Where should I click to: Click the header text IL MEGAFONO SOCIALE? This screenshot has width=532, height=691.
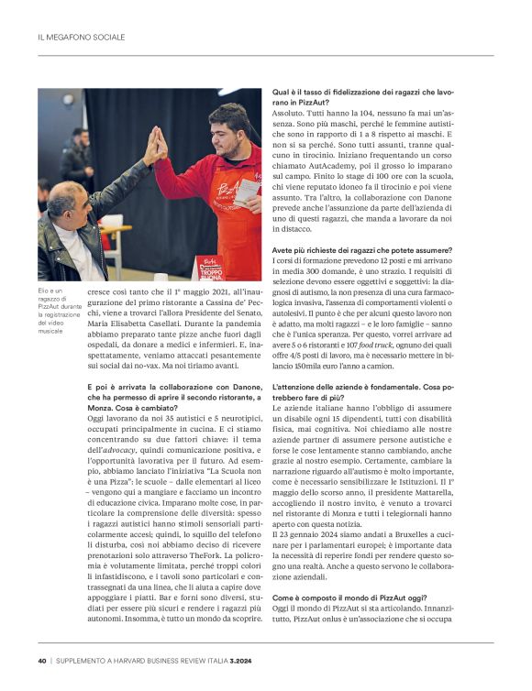pyautogui.click(x=81, y=38)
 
